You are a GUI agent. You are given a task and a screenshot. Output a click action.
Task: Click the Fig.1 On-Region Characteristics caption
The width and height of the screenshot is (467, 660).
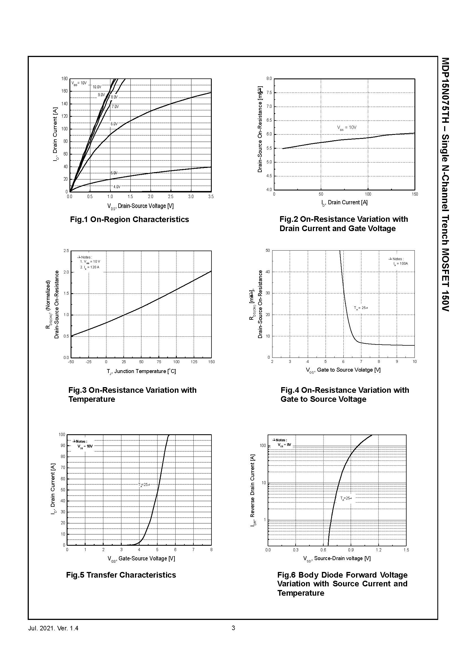click(x=129, y=220)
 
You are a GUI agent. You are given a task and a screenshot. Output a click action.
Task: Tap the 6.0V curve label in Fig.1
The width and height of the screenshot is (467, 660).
click(x=114, y=124)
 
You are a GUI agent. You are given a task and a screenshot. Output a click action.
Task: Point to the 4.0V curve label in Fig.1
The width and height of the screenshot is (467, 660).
click(x=117, y=187)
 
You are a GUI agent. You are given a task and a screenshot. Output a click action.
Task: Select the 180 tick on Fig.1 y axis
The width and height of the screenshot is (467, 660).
click(x=64, y=79)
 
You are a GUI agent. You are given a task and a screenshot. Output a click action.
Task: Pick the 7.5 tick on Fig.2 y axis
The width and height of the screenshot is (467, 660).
click(x=269, y=93)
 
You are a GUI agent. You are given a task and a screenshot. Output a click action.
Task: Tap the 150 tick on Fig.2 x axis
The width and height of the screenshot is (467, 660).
click(x=414, y=194)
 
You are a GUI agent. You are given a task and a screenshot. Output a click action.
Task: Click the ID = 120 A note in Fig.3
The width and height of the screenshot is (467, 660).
click(x=90, y=267)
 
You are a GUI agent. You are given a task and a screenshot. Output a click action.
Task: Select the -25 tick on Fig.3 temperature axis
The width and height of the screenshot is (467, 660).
click(x=88, y=362)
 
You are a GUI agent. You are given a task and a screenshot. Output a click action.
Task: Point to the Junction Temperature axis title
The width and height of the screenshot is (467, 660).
click(x=141, y=371)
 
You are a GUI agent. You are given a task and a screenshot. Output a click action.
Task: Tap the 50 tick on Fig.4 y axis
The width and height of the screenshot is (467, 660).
click(x=268, y=251)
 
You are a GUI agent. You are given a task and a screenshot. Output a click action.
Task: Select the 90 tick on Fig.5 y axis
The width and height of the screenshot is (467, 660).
click(x=62, y=446)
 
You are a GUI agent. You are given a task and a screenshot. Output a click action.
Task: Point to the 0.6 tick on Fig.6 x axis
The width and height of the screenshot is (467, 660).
click(x=323, y=550)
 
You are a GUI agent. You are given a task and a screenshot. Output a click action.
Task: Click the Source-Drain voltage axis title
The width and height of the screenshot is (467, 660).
click(x=337, y=558)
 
